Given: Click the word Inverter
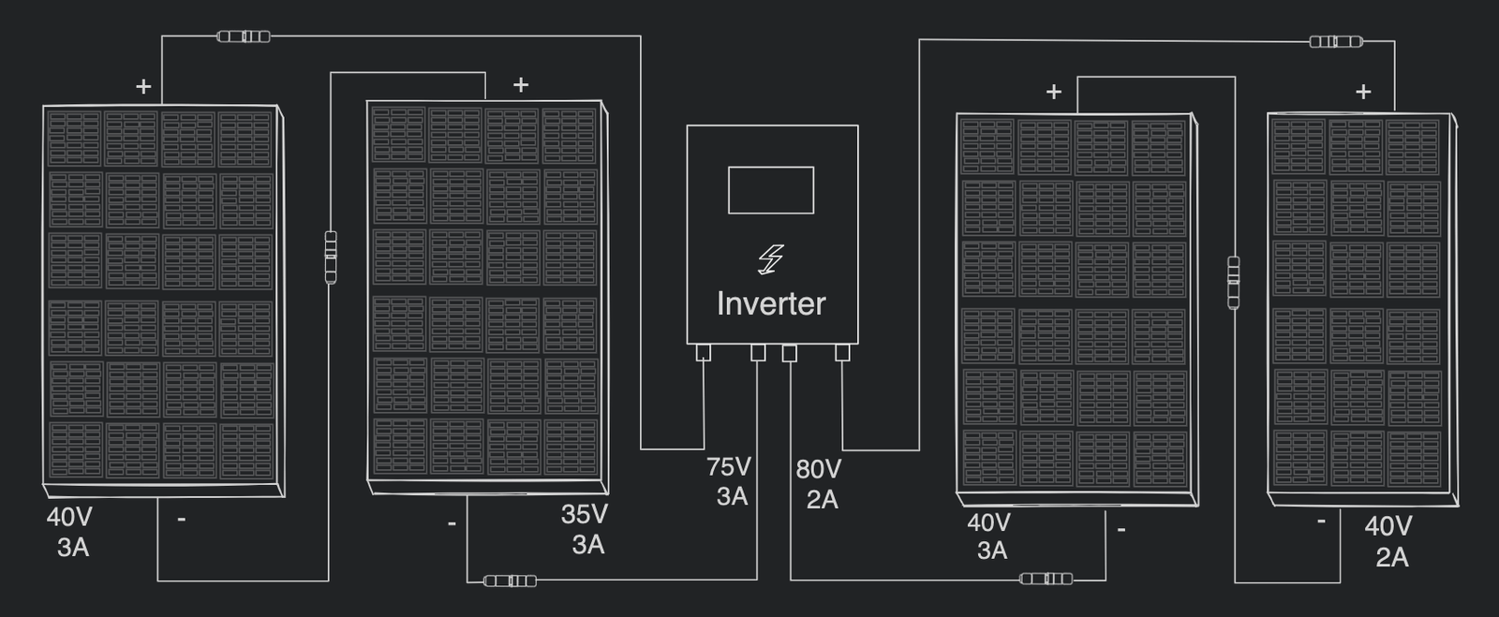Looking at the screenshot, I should [x=770, y=303].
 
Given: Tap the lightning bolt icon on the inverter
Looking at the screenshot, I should [x=770, y=259].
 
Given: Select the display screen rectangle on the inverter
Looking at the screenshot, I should [x=770, y=190].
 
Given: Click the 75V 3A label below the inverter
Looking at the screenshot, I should [x=729, y=481].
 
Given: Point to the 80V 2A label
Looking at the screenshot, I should [x=819, y=484].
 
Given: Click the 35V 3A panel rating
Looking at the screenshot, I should [x=586, y=529].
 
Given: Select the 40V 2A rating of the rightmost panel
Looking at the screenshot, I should [x=1389, y=541].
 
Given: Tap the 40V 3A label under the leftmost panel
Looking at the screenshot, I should [x=70, y=532].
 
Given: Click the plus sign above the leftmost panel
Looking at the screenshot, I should [x=143, y=87].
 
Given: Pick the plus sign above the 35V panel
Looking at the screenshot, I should [x=521, y=85].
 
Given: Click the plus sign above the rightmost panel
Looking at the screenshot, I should [x=1363, y=92].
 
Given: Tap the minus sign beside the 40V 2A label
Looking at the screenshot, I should [x=1321, y=521].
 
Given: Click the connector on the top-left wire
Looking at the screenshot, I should [x=244, y=37].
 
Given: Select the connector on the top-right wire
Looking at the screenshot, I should [x=1335, y=41].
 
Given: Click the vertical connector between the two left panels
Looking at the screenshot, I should [x=330, y=257].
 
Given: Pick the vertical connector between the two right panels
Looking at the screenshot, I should [x=1233, y=282].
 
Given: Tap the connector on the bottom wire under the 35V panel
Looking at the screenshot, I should [x=511, y=581].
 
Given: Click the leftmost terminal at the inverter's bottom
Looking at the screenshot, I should [x=704, y=353].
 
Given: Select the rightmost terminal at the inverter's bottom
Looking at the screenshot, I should [x=841, y=353].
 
